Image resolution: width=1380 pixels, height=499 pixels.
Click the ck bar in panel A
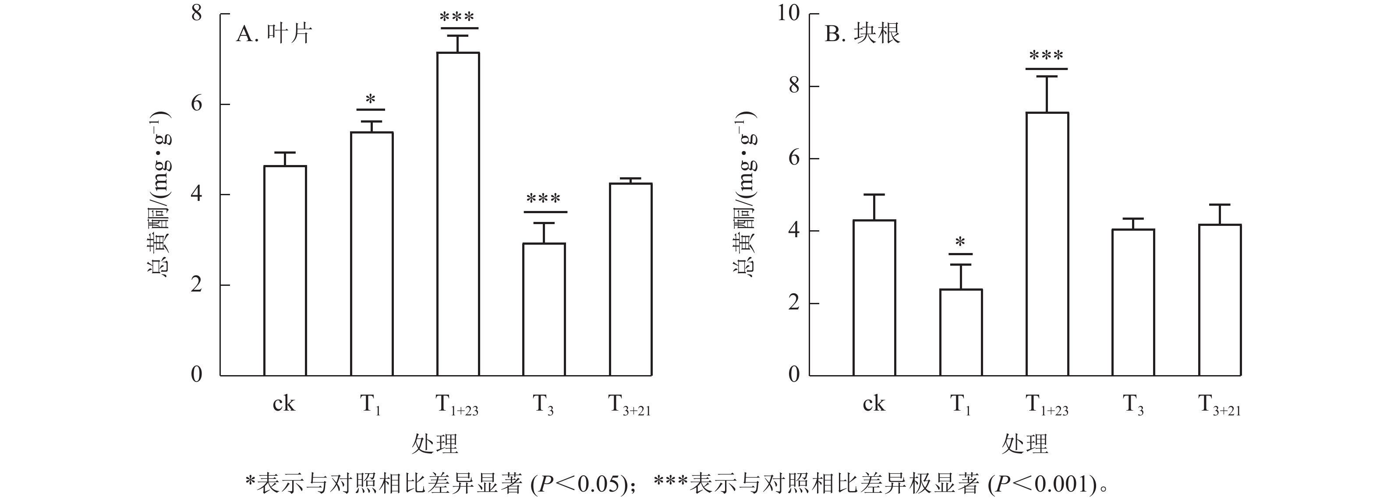(285, 271)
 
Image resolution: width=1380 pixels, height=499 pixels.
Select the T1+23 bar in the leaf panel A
(458, 214)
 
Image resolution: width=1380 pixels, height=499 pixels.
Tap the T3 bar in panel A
(544, 309)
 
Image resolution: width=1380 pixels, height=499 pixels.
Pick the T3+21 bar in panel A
(630, 279)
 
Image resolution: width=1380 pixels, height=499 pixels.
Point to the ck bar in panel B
(874, 298)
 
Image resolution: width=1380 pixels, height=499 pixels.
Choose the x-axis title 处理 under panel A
(435, 444)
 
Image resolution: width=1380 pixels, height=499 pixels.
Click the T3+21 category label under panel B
(1219, 405)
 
